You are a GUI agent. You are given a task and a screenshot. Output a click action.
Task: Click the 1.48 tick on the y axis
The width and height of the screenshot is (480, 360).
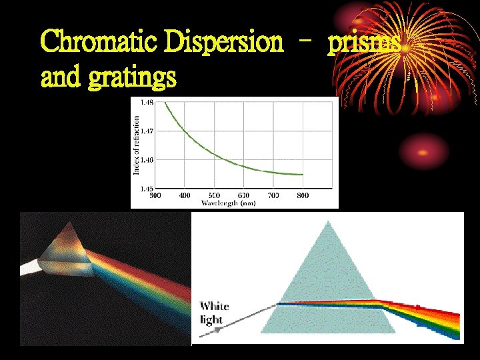pos(146,102)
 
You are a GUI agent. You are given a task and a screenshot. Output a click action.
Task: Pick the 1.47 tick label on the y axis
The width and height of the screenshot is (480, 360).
pos(146,131)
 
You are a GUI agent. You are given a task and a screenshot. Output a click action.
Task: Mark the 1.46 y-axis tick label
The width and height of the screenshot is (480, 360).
pos(146,160)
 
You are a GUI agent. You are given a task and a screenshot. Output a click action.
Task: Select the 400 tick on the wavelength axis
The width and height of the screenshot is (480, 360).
pos(185,196)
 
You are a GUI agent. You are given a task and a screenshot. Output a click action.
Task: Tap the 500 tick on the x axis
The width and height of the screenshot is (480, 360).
pos(214,196)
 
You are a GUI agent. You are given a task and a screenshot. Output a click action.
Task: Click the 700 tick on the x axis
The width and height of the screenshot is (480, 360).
pos(273,196)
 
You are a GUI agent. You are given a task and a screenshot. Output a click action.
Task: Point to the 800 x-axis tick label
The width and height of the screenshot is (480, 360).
pos(303,196)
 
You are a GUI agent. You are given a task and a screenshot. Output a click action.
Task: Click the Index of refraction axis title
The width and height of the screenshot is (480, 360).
pos(137,145)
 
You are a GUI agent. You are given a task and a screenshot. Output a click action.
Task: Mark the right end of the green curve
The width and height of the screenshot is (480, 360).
pos(303,175)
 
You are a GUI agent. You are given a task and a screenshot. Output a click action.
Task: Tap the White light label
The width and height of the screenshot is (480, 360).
pos(214,312)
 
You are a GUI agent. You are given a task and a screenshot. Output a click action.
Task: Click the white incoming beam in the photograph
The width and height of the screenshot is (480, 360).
pos(30,269)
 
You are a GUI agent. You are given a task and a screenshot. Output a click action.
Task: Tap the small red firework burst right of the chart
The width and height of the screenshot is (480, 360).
pos(422,158)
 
